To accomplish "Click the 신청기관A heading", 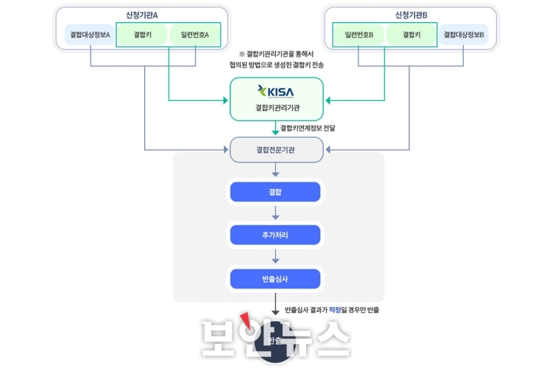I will pos(142,15).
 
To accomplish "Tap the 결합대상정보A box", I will pos(90,35).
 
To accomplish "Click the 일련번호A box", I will pos(195,35).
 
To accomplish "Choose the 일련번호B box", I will pos(359,35).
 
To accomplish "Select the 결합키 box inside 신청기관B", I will pos(411,35).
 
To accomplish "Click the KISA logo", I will pos(275,91).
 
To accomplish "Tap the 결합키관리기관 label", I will pos(275,108).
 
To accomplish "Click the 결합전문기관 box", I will pos(275,149).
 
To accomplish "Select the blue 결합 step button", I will pos(275,192).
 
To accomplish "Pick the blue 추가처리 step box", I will pos(275,236).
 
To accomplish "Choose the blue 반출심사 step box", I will pos(275,279).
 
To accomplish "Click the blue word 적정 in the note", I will pos(336,310).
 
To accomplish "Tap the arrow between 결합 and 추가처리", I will pos(275,213).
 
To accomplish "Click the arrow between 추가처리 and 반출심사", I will pos(275,257).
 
